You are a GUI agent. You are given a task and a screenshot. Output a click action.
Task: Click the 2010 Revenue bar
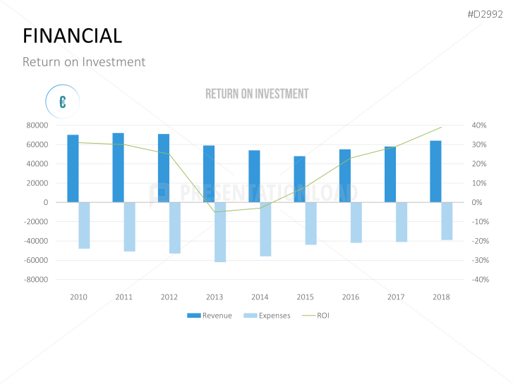coord(73,168)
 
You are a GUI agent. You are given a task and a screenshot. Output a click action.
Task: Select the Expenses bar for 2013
coord(220,232)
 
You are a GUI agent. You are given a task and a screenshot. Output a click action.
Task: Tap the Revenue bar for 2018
coord(435,171)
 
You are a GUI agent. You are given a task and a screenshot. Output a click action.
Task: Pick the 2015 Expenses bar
coord(310,223)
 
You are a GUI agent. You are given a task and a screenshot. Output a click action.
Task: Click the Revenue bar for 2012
coord(164,168)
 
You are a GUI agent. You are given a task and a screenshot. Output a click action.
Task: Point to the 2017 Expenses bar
coord(402,222)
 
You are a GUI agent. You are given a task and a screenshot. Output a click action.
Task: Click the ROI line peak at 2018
coord(441,128)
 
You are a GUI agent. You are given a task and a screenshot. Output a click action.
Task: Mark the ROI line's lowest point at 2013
coord(215,212)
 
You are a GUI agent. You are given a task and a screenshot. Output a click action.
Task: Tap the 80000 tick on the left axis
coord(36,125)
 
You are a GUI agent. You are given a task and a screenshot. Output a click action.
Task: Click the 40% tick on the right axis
coord(479,125)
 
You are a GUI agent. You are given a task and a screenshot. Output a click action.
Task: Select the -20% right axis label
coord(479,241)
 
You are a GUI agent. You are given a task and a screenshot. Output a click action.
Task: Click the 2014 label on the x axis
coord(260,297)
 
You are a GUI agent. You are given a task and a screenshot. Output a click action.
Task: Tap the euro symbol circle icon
coord(63,102)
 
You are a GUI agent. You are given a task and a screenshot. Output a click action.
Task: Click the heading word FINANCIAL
coord(72,35)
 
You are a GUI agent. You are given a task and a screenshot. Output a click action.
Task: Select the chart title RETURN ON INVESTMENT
coord(257,94)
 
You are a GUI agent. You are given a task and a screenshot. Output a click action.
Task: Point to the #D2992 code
coord(485,15)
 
